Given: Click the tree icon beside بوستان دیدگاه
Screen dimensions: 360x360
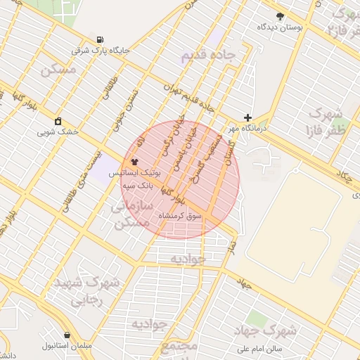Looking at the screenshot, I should (280, 15).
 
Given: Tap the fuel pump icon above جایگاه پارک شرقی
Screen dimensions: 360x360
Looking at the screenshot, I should (100, 39).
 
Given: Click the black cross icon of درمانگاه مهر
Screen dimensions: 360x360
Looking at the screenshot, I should (247, 117).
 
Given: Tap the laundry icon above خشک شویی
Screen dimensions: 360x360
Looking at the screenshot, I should (58, 120).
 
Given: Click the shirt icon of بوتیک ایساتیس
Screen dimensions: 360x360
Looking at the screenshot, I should (134, 161).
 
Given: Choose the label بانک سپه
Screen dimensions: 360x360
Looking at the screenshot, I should (139, 186).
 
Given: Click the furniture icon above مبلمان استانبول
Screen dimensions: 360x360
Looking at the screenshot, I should (67, 335).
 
